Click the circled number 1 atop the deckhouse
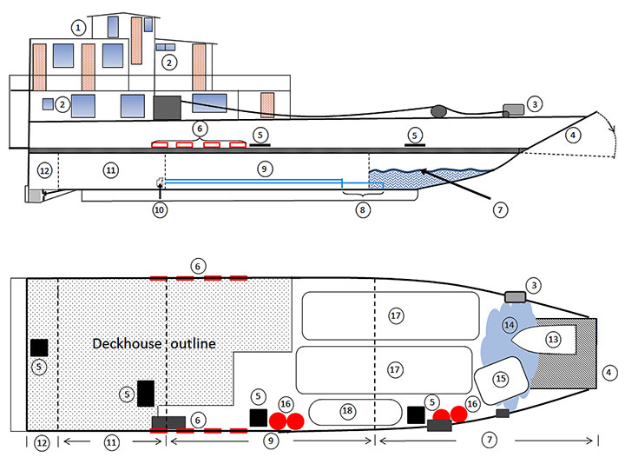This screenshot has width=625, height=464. (80, 28)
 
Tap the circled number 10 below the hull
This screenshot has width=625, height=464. (160, 209)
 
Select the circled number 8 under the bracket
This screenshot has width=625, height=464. (362, 209)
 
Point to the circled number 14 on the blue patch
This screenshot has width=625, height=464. (510, 325)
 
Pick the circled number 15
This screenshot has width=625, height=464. (500, 379)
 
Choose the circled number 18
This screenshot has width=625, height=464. (348, 410)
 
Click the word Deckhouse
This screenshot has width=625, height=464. (125, 344)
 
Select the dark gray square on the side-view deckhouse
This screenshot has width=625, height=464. (166, 107)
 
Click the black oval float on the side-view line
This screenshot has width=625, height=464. (438, 110)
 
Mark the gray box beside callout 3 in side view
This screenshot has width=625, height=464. (513, 109)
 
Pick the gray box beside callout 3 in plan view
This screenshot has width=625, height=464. (515, 297)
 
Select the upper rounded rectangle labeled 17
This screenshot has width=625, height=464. (391, 315)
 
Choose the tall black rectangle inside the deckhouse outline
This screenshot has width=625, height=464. (145, 394)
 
